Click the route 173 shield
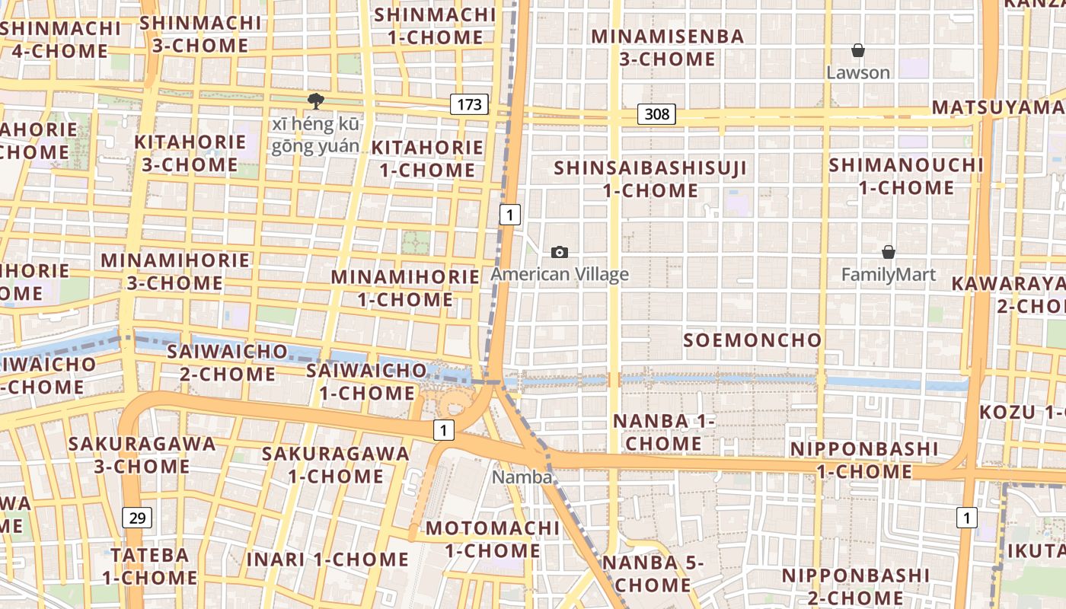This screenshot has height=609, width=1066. coord(468,104)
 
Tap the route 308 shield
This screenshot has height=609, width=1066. coord(656,114)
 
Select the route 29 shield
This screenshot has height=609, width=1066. coord(137,518)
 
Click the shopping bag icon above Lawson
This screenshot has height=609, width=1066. coord(858,51)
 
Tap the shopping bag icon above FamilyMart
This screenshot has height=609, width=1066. coord(888,252)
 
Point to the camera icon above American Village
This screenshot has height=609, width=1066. coord(560,253)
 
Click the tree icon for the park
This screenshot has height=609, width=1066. coord(315,100)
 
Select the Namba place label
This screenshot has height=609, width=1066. coord(522,477)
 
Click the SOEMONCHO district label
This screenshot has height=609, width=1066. coord(752,340)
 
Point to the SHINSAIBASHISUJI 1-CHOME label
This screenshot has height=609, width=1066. coord(650,179)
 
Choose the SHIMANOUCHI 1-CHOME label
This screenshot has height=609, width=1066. coord(906,176)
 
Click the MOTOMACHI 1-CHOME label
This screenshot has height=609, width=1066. coord(493,539)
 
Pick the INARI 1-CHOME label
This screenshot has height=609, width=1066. coord(327,560)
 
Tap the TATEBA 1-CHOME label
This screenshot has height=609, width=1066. coord(150,566)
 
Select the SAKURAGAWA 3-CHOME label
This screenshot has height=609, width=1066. coord(142,454)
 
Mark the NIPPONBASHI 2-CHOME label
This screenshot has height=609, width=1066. coord(856,585)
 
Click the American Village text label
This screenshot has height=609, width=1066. coord(560,274)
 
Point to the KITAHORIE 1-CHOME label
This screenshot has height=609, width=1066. coord(427,158)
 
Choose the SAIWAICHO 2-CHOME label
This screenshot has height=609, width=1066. coord(227,362)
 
